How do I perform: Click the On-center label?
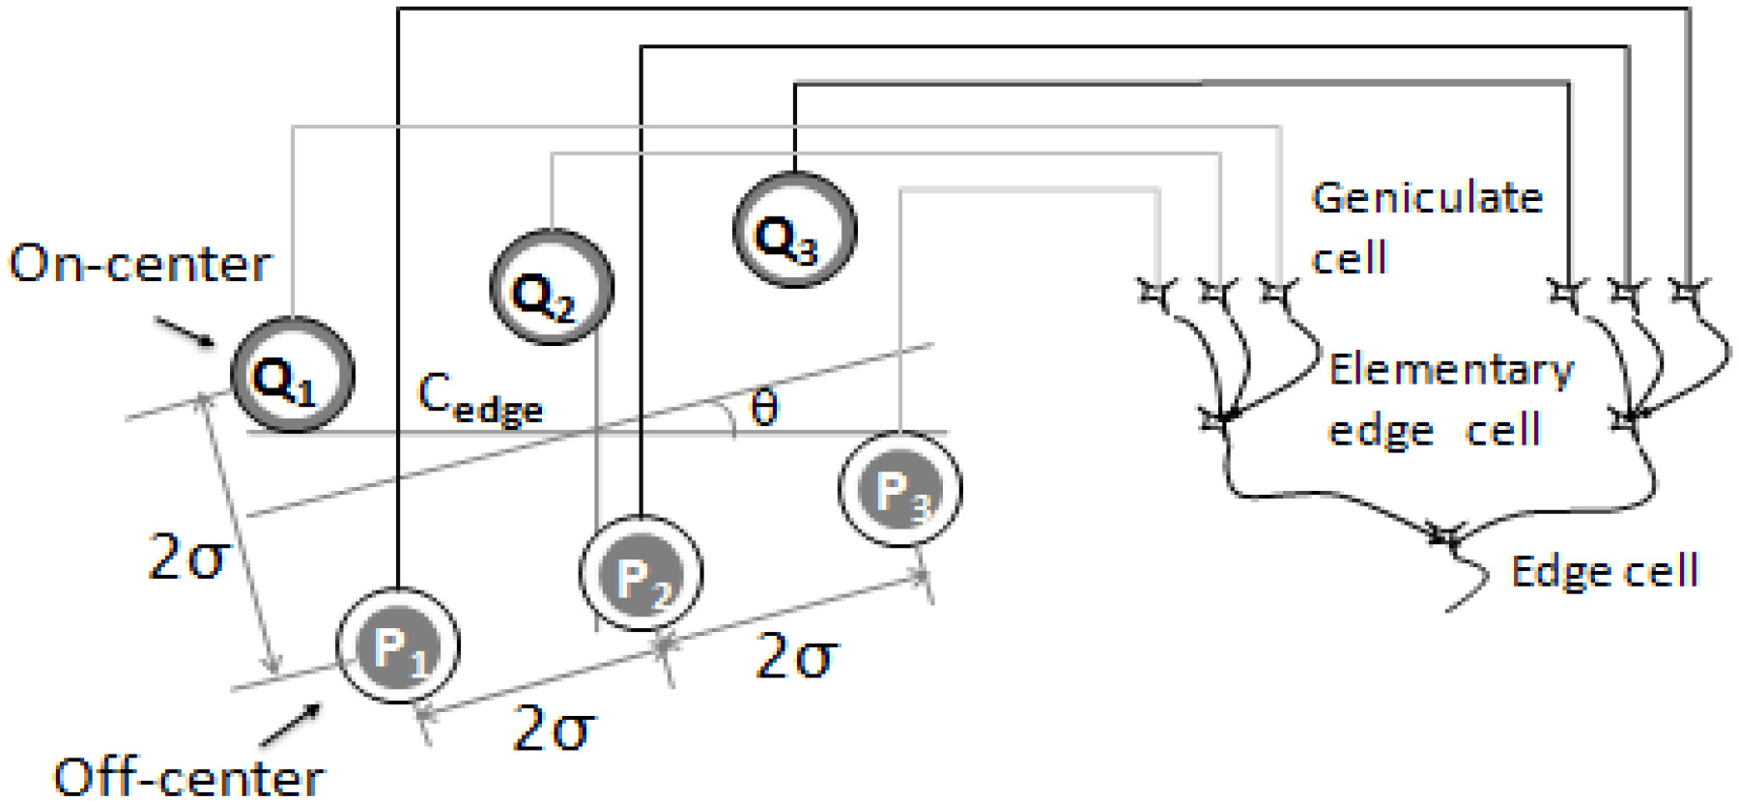(x=141, y=263)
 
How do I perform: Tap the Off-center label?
(x=189, y=777)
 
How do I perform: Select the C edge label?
(x=480, y=398)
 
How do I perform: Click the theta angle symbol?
(x=763, y=407)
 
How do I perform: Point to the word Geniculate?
(x=1427, y=198)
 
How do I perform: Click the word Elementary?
(x=1451, y=371)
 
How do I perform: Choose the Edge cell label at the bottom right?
(x=1605, y=571)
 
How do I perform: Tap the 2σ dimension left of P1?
(x=188, y=558)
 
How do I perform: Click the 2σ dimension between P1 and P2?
(x=554, y=729)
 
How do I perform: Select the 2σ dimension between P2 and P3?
(x=797, y=656)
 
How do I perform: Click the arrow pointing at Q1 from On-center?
(x=185, y=331)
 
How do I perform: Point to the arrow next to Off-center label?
(x=290, y=725)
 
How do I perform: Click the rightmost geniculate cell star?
(x=1688, y=290)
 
